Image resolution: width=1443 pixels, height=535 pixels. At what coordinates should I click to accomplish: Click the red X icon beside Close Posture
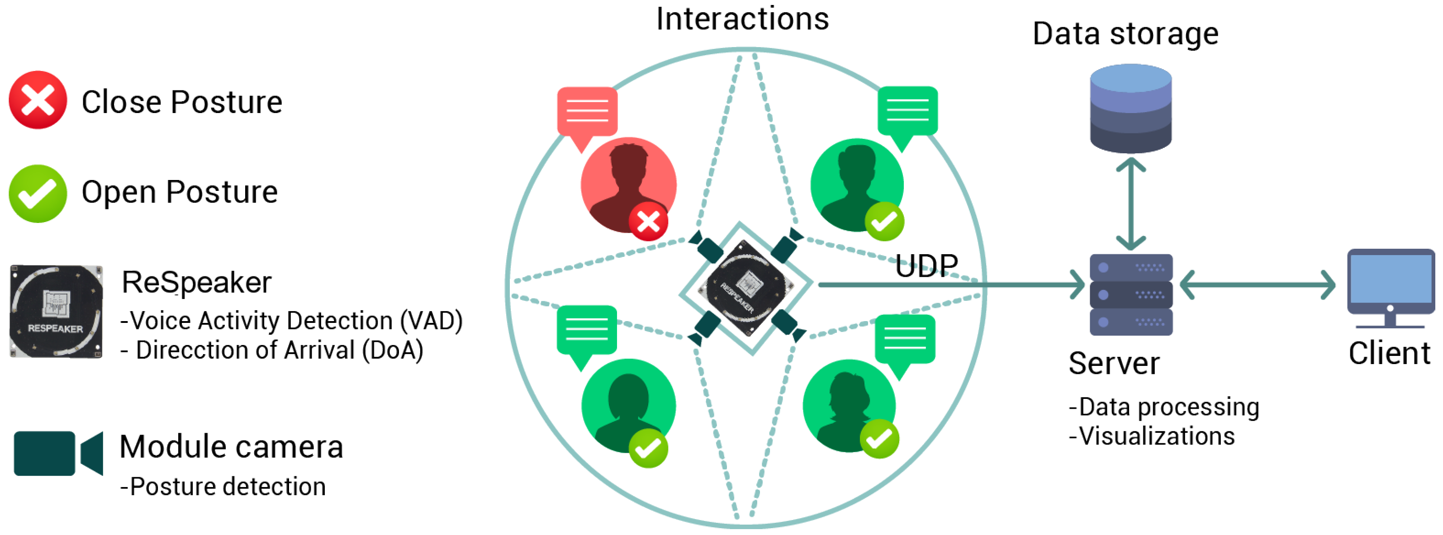click(38, 100)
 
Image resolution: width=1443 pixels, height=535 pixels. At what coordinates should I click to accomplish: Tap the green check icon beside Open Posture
click(38, 193)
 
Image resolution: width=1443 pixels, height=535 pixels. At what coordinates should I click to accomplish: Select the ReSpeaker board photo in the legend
click(56, 311)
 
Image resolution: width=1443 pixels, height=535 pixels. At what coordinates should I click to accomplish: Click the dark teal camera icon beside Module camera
click(58, 453)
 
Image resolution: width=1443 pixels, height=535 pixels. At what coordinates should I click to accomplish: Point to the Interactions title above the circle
click(742, 19)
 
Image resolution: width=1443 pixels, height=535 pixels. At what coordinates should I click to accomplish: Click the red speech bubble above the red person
click(587, 113)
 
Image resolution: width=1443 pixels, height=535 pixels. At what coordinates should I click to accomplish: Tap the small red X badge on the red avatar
click(648, 222)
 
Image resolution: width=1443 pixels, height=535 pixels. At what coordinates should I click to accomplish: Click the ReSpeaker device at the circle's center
click(745, 288)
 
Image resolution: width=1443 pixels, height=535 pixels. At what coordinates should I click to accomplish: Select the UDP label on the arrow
click(926, 265)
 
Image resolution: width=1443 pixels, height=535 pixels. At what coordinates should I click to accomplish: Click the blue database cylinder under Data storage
click(1130, 108)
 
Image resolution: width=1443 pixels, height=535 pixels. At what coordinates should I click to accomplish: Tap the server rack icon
click(1130, 295)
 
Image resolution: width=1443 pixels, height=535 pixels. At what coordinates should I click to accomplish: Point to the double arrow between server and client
click(1257, 285)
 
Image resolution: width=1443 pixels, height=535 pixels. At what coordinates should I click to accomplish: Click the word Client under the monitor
click(1389, 354)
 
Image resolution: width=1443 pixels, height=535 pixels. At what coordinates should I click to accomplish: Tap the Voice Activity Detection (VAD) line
click(291, 321)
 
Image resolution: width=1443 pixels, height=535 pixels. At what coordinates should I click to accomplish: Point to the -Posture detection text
click(223, 486)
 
